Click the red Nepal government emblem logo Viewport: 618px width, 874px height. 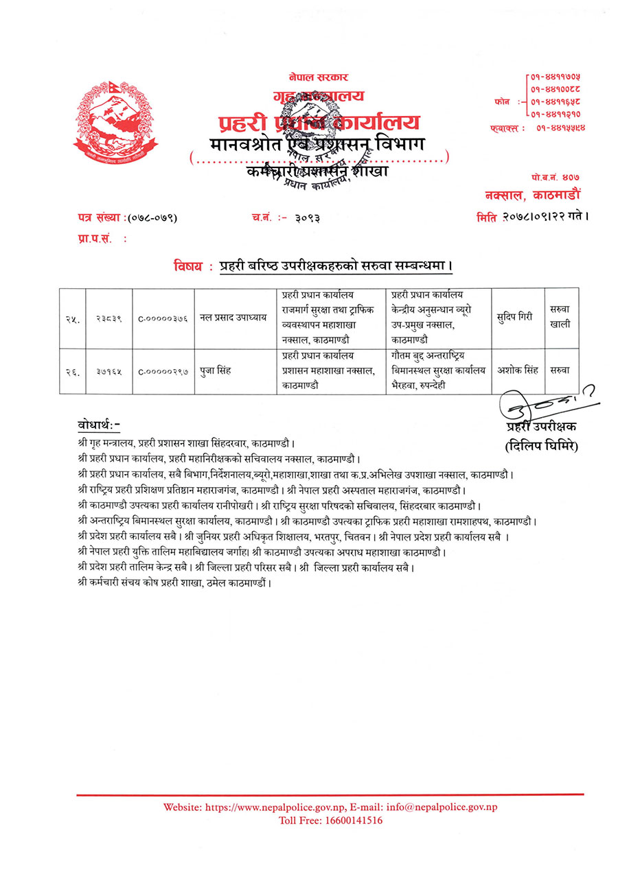click(115, 118)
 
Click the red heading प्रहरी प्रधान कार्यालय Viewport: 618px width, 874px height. click(318, 122)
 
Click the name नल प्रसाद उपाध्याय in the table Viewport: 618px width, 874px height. click(232, 318)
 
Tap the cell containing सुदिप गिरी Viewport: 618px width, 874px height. click(515, 318)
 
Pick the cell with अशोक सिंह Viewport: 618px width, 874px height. click(515, 371)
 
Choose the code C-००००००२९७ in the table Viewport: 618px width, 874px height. click(163, 372)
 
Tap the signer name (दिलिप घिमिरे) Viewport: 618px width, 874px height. click(541, 447)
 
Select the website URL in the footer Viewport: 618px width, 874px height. click(275, 807)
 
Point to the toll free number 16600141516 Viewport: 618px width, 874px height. click(351, 820)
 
